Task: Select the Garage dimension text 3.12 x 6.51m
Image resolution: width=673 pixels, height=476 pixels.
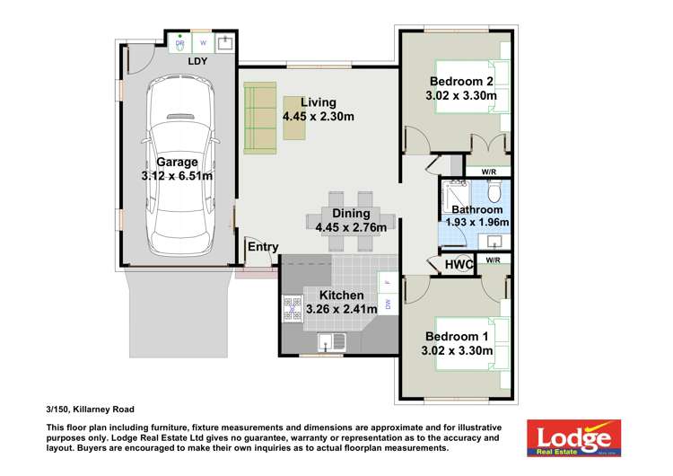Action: coord(177,176)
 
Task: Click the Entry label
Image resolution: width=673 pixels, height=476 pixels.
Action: coord(263,247)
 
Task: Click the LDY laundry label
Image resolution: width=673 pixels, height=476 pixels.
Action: coord(197,61)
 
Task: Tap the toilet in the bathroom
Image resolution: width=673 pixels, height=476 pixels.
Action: coord(493,192)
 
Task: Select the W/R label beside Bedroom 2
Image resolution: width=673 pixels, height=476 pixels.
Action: coord(489,171)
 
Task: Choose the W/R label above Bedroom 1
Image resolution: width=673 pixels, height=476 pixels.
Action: coord(493,260)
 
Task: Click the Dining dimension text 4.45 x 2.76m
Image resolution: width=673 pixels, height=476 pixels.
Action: coord(351,228)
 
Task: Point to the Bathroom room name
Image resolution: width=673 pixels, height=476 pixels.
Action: coord(476,209)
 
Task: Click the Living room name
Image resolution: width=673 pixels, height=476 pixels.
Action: coord(318,101)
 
